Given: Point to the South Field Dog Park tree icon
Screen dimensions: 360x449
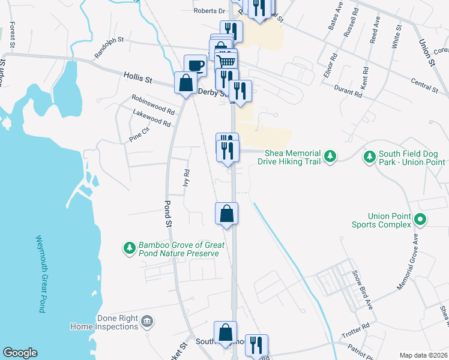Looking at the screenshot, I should click(x=369, y=157).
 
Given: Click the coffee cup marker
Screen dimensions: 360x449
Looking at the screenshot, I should click(x=196, y=65).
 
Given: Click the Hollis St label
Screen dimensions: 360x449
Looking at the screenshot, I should click(x=139, y=77).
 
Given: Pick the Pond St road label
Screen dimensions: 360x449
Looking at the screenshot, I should click(x=167, y=212).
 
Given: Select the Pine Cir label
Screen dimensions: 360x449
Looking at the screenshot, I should click(x=139, y=134).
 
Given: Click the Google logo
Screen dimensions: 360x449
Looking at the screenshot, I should click(x=20, y=353).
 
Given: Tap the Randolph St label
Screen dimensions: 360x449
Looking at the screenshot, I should click(x=109, y=49).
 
